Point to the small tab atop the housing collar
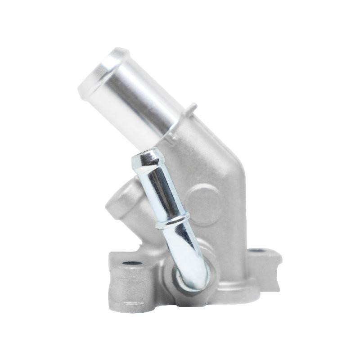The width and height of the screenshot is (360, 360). click(x=193, y=108)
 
